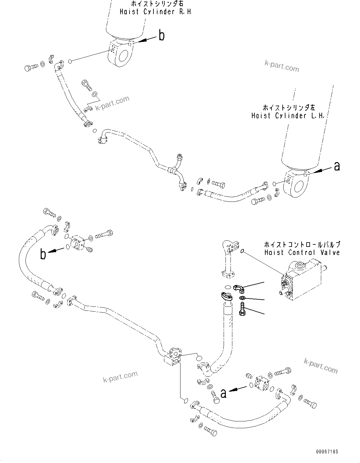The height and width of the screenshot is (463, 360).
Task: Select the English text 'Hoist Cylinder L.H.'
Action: coord(288,116)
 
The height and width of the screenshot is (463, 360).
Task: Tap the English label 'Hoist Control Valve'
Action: coord(302,252)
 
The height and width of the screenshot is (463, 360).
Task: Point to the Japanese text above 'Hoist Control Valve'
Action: coord(302,244)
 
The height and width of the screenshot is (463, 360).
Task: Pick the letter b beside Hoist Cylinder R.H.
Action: coord(162,36)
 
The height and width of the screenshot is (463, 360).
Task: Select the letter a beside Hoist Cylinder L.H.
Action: coord(337,167)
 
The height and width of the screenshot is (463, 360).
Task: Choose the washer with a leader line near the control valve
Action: coord(242,298)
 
